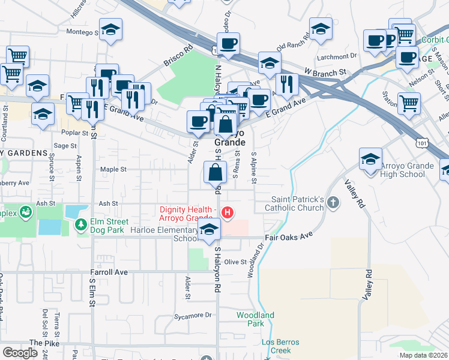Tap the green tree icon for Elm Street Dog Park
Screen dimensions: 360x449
pos(80,224)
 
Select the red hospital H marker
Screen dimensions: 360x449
pos(228,212)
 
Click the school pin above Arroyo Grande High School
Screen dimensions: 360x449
pos(370,160)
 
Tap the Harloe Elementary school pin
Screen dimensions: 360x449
pos(209,231)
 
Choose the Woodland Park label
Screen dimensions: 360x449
pos(255,319)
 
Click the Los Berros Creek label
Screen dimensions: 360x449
pos(276,346)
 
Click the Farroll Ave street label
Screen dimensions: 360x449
pos(109,272)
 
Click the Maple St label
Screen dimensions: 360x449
pos(113,170)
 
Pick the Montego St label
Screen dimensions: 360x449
pos(82,32)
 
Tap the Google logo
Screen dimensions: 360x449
pos(20,353)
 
